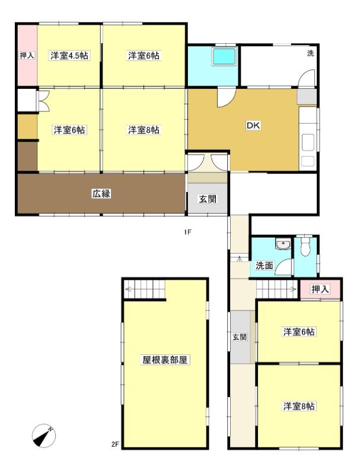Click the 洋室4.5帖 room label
(x=69, y=56)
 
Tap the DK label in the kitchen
(x=253, y=126)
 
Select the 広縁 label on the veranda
(x=101, y=194)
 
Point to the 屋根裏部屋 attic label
(x=165, y=360)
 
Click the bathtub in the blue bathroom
(x=224, y=56)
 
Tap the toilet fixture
(x=305, y=246)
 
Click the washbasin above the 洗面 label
(x=283, y=244)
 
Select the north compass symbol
(x=44, y=435)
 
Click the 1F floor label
(x=187, y=232)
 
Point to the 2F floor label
(x=115, y=444)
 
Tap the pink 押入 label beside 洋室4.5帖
(x=27, y=56)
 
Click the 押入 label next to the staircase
(x=320, y=289)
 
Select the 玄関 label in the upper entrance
(x=208, y=199)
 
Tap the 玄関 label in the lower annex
(x=239, y=337)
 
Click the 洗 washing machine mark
(x=310, y=53)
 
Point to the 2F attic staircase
(x=145, y=289)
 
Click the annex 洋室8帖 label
(x=299, y=406)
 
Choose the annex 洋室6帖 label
(x=299, y=332)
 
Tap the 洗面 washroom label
(x=265, y=265)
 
